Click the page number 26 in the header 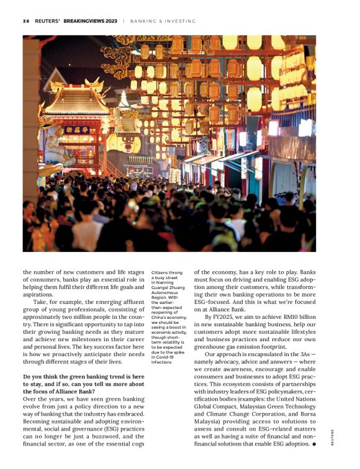(x=26, y=20)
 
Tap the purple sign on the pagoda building (x=77, y=130)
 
